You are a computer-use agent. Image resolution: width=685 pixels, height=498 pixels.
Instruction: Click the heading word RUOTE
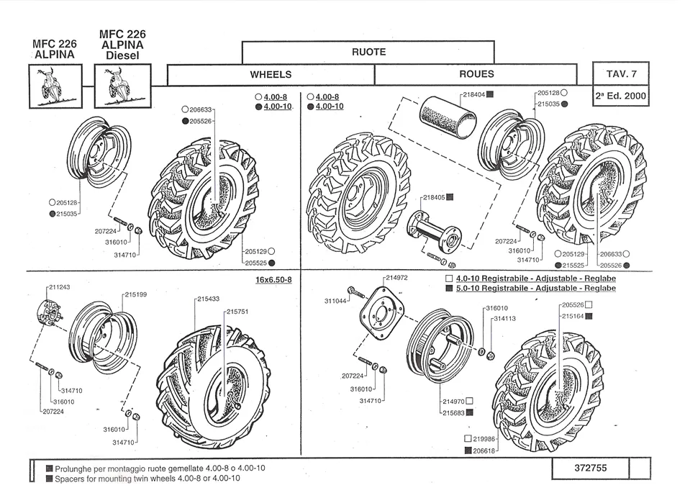coord(368,52)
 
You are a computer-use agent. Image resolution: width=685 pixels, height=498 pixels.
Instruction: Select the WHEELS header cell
coord(271,74)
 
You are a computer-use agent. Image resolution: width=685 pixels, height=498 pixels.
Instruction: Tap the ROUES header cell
coord(476,74)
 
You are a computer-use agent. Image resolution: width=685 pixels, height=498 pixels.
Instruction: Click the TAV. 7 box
coord(620,73)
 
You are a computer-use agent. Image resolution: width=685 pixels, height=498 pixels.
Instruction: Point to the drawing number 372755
coord(591,468)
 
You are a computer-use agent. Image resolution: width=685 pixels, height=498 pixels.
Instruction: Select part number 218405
coord(434,197)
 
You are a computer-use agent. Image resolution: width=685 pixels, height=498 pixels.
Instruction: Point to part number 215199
coord(136,294)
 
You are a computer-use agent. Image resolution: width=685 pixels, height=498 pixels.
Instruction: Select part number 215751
coord(238,312)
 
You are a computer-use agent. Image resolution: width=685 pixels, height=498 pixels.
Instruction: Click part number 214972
coord(396,278)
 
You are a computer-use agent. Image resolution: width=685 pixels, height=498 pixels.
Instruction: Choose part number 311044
coord(336,301)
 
